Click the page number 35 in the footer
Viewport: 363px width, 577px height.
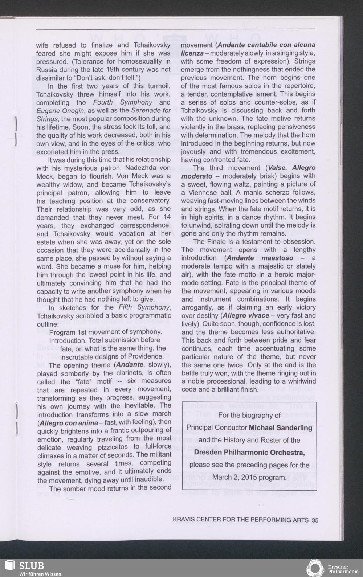coord(315,520)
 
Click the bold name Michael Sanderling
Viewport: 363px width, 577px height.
coord(281,427)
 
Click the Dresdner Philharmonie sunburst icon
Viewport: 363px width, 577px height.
coord(315,568)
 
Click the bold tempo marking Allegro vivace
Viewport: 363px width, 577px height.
coord(246,315)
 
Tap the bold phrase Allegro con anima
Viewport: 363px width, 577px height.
coord(68,423)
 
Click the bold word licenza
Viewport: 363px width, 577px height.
coord(192,53)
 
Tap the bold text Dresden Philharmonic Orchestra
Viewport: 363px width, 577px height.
coord(249,453)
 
